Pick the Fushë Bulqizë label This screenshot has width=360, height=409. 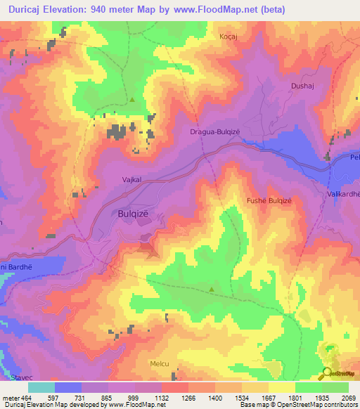click(269, 200)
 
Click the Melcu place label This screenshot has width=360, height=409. click(160, 363)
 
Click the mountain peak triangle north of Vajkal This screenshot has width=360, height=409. click(132, 99)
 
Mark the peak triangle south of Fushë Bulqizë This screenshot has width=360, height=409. click(212, 289)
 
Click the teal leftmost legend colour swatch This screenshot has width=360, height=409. click(41, 387)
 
